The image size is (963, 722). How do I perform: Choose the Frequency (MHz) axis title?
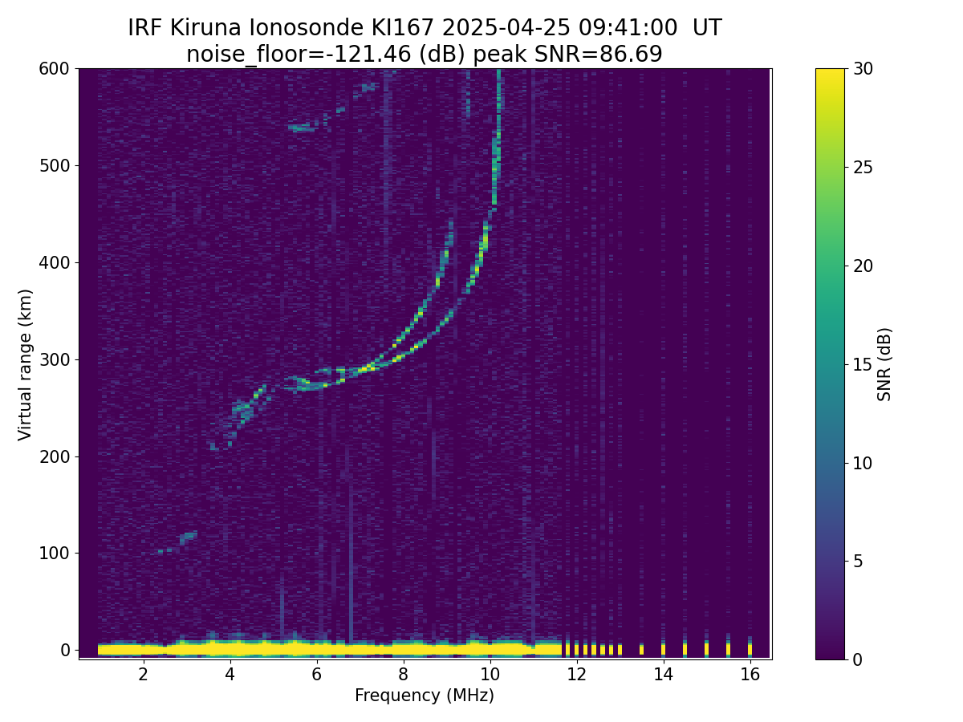click(x=425, y=696)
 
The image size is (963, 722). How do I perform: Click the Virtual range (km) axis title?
click(x=26, y=364)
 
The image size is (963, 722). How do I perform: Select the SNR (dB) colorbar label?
click(x=884, y=364)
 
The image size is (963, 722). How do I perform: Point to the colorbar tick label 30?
click(x=863, y=69)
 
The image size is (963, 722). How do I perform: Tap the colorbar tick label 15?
click(x=863, y=364)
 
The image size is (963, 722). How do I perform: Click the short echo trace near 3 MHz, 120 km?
click(x=188, y=536)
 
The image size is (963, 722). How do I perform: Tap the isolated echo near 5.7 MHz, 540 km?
click(x=303, y=127)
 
